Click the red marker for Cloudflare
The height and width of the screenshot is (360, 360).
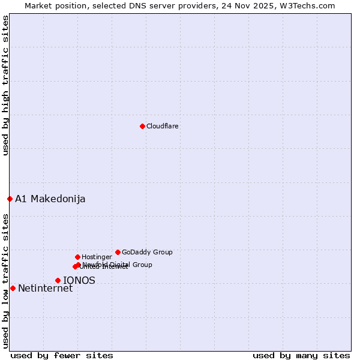[142, 126]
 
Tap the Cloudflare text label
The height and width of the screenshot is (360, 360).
[162, 127]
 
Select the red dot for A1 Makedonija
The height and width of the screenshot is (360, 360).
[10, 199]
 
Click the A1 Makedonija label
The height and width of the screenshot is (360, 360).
[50, 199]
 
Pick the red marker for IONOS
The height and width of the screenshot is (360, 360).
[58, 280]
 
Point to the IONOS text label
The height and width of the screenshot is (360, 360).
[79, 280]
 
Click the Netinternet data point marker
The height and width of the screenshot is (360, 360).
[13, 288]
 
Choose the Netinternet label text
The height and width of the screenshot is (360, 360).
[45, 289]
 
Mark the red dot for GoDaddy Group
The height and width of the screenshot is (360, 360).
[118, 252]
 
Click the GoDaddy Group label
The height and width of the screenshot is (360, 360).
[147, 253]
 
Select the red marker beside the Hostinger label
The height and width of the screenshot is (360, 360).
[77, 257]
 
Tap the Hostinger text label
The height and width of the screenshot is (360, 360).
[97, 257]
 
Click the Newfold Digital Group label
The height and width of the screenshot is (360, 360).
[118, 265]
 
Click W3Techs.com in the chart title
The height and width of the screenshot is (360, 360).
[307, 6]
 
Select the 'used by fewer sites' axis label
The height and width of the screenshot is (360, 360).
[62, 356]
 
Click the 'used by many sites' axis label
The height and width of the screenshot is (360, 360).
[301, 356]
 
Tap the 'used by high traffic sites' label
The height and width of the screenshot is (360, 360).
[6, 86]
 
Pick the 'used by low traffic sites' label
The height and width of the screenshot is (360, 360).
[6, 281]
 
